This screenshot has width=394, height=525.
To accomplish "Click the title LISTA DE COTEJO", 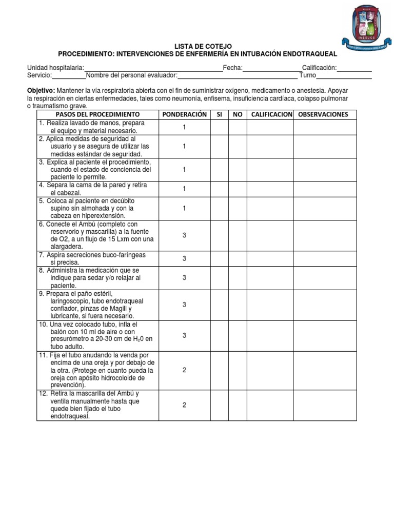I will pos(198,46).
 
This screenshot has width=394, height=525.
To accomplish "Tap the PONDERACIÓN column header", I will pos(184,114).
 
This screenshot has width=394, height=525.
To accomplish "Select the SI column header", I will pos(219,114).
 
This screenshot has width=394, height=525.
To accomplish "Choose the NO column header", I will pos(237,114).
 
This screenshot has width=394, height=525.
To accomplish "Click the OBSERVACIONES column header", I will pos(323,114).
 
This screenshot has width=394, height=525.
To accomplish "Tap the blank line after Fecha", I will pos(272,68).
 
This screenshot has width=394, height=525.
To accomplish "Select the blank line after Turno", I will pos(344,76).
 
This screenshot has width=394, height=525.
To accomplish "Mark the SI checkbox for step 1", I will pos(219,127).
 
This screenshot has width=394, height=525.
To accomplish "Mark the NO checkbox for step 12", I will pos(237,405).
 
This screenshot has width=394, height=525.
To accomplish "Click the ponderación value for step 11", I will pos(184,370).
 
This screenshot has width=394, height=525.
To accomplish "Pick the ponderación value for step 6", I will pos(184,235).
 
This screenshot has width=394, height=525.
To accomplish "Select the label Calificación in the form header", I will pos(319,68).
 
